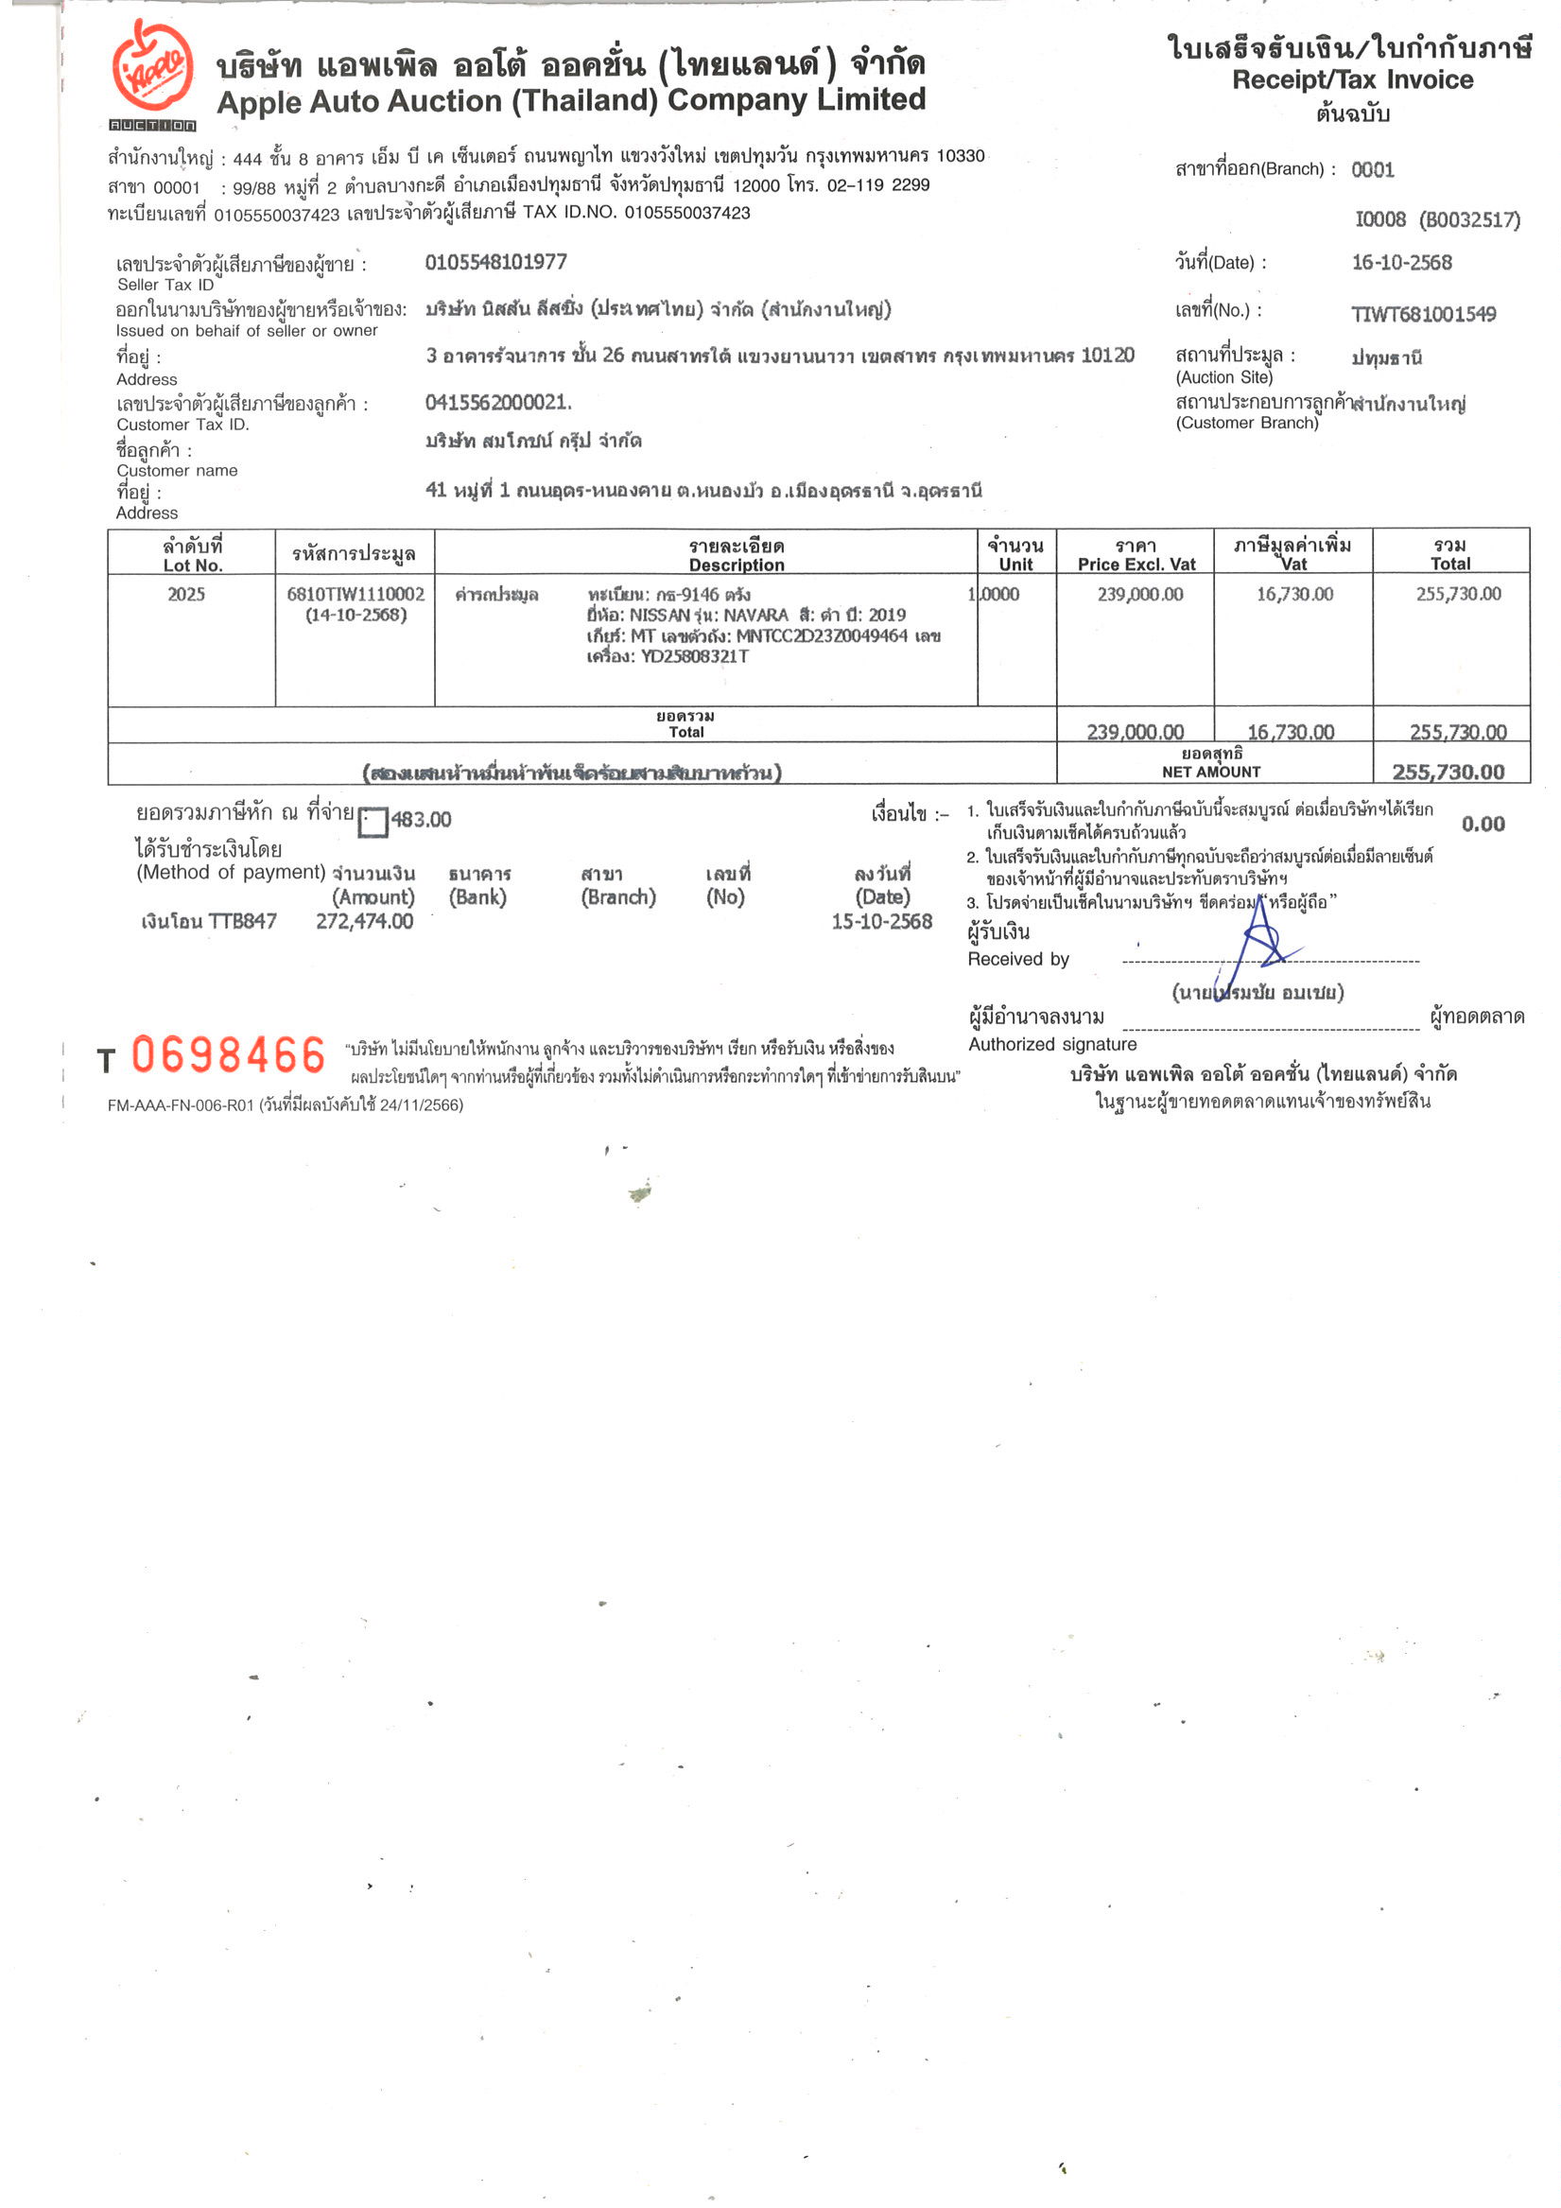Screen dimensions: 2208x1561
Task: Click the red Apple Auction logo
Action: tap(152, 69)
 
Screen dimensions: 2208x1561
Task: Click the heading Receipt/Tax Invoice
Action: tap(1351, 79)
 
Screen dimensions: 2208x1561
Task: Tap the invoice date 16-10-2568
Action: tap(1400, 263)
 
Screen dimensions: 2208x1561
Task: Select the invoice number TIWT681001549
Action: tap(1423, 314)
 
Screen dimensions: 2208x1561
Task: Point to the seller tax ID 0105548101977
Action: tap(495, 262)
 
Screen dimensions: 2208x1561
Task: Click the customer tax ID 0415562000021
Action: tap(496, 402)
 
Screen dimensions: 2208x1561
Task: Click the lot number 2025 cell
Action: tap(185, 594)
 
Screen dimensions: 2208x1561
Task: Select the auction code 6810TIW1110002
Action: tap(356, 594)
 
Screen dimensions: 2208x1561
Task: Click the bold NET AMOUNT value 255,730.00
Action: tap(1448, 772)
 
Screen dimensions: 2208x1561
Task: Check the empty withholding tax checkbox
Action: tap(373, 822)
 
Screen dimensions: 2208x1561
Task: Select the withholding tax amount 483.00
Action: tap(421, 819)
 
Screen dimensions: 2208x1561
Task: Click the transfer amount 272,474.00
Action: tap(365, 921)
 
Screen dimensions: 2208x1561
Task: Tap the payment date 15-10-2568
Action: tap(881, 921)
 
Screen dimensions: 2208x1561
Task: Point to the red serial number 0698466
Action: tap(229, 1055)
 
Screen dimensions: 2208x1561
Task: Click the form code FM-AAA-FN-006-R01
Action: tap(181, 1106)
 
